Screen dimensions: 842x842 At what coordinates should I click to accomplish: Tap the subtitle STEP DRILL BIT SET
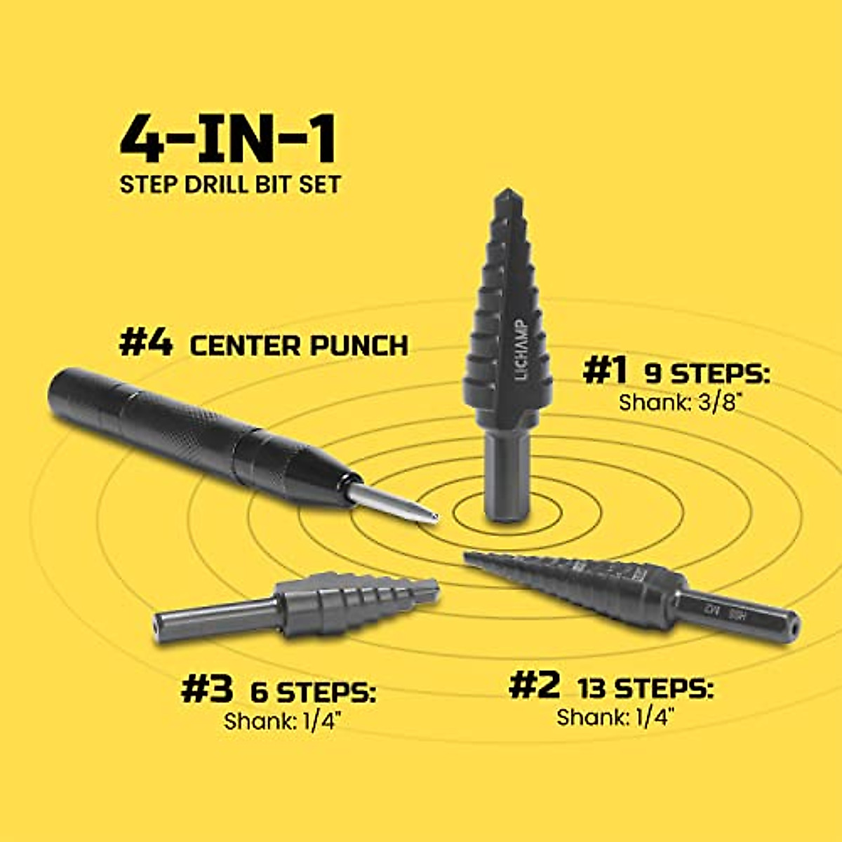point(230,185)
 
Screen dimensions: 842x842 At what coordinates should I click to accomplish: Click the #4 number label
point(145,345)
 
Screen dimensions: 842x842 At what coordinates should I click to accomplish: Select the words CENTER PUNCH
point(299,345)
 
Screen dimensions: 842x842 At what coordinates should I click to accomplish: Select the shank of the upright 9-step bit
point(506,477)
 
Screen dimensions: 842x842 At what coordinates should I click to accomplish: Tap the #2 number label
point(535,686)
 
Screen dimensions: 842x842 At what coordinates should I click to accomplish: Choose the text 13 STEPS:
point(646,688)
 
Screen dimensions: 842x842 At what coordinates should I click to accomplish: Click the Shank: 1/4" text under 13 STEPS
point(615,717)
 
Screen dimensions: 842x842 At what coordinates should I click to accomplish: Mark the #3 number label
point(207,690)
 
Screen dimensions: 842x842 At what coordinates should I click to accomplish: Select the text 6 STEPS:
point(313,693)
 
